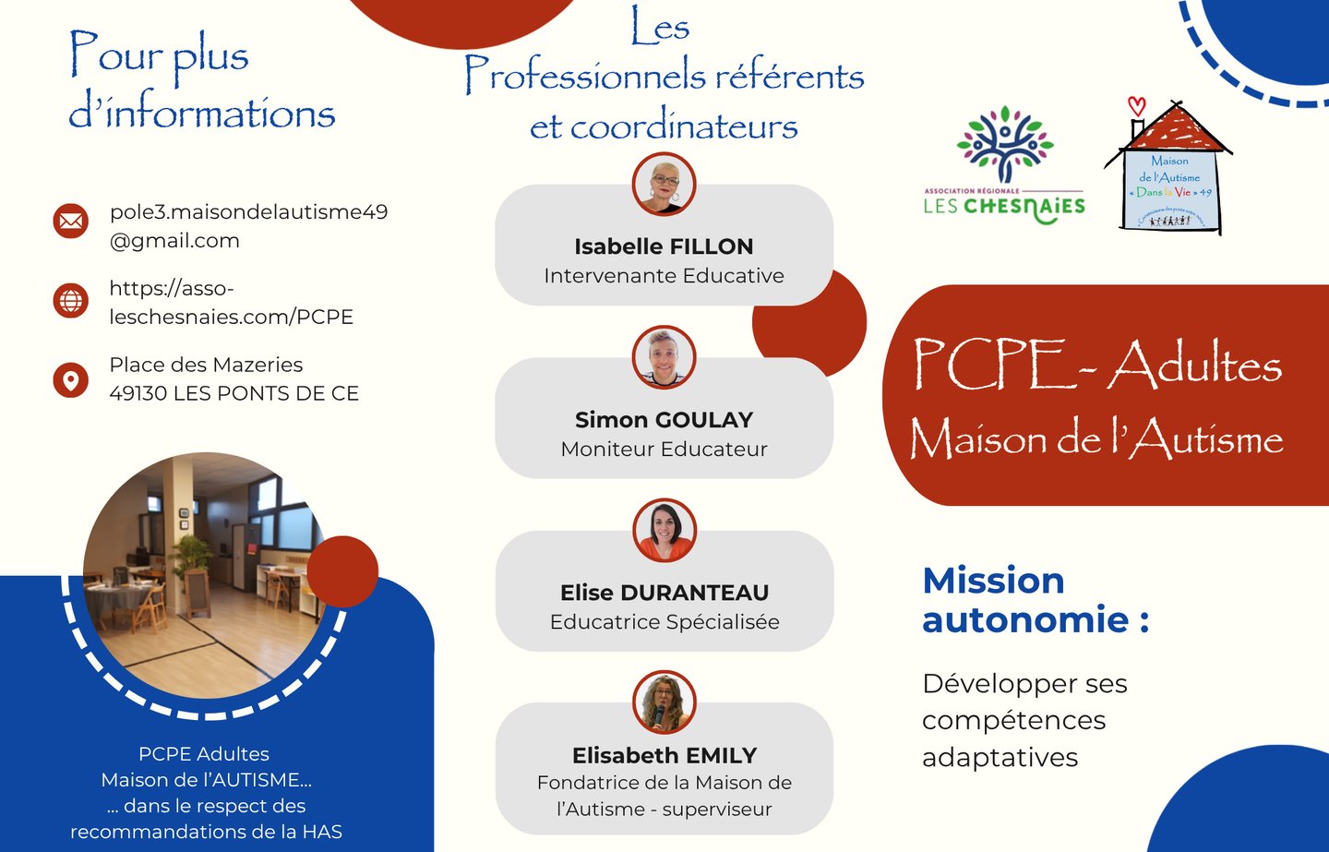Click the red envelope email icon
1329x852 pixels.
click(71, 221)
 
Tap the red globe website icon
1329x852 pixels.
click(71, 300)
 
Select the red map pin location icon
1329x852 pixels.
click(71, 379)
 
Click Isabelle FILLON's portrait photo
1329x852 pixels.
click(664, 185)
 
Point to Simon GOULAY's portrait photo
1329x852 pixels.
click(664, 357)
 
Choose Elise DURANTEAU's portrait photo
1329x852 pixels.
click(664, 530)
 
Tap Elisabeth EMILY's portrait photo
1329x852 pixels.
click(664, 702)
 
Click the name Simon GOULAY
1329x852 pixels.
click(664, 420)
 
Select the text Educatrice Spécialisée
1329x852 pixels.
click(664, 622)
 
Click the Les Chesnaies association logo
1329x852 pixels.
click(1004, 166)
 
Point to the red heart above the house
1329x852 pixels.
click(1137, 106)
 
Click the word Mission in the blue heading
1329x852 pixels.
click(993, 581)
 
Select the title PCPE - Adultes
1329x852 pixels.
click(1096, 364)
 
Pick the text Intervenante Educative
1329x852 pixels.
click(664, 276)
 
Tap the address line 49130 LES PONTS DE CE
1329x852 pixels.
click(233, 393)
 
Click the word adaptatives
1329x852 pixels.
click(1000, 758)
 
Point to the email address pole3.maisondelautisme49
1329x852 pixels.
click(248, 212)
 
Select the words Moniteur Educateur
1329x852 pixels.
click(664, 450)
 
